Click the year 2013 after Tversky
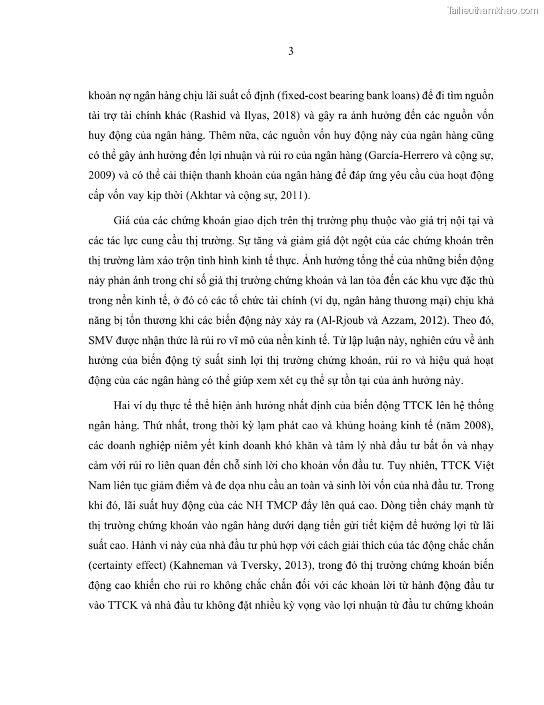coord(300,565)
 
